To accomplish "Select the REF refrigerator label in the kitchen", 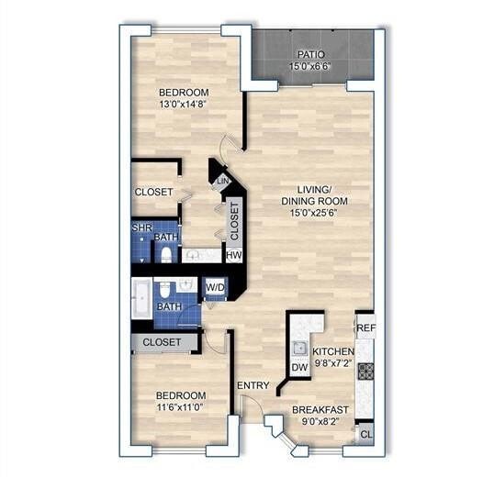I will [365, 327].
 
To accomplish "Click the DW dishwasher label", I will [298, 368].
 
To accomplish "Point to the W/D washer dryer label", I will [215, 288].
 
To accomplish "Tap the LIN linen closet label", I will [221, 183].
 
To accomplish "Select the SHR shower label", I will [141, 227].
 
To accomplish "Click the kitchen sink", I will [298, 348].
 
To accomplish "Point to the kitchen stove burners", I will [365, 371].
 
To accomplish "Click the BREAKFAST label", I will [320, 410].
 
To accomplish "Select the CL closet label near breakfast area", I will [365, 432].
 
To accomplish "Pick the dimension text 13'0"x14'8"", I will [183, 105].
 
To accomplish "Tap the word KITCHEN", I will [333, 351].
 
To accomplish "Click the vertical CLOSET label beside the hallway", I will [234, 220].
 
